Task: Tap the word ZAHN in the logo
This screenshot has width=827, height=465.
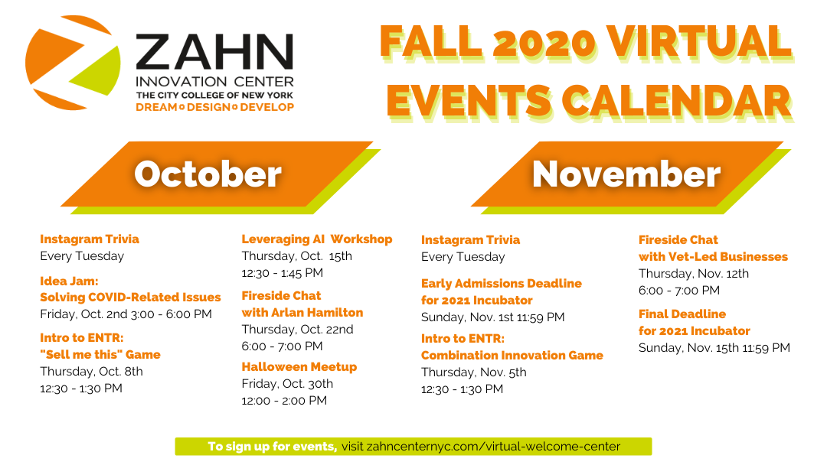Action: coord(214,52)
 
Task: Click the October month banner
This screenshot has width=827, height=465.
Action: coord(221,177)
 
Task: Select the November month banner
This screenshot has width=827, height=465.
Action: coord(631,177)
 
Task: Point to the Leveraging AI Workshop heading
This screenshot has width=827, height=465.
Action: coord(317,239)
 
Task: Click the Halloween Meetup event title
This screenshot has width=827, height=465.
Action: coord(299,366)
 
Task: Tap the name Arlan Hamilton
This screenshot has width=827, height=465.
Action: coord(317,312)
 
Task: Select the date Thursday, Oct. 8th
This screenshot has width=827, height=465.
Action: coord(91,371)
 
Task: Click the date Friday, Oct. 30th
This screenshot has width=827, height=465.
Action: coord(287,384)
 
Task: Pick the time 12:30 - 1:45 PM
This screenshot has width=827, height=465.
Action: coord(282,273)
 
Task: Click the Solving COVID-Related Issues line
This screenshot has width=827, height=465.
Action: coord(130,297)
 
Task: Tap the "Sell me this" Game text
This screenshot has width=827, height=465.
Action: coord(100,354)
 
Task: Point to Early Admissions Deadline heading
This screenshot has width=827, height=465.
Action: coord(502,283)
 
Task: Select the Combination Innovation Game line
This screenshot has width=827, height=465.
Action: coord(512,356)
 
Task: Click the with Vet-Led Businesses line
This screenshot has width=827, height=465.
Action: coord(713,256)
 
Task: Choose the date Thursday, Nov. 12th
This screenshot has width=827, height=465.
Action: coord(694,273)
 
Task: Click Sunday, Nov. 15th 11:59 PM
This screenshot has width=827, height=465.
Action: coord(714,347)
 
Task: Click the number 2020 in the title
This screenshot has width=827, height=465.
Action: coord(544,42)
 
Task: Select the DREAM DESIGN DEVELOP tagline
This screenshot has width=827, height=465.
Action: coord(214,107)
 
